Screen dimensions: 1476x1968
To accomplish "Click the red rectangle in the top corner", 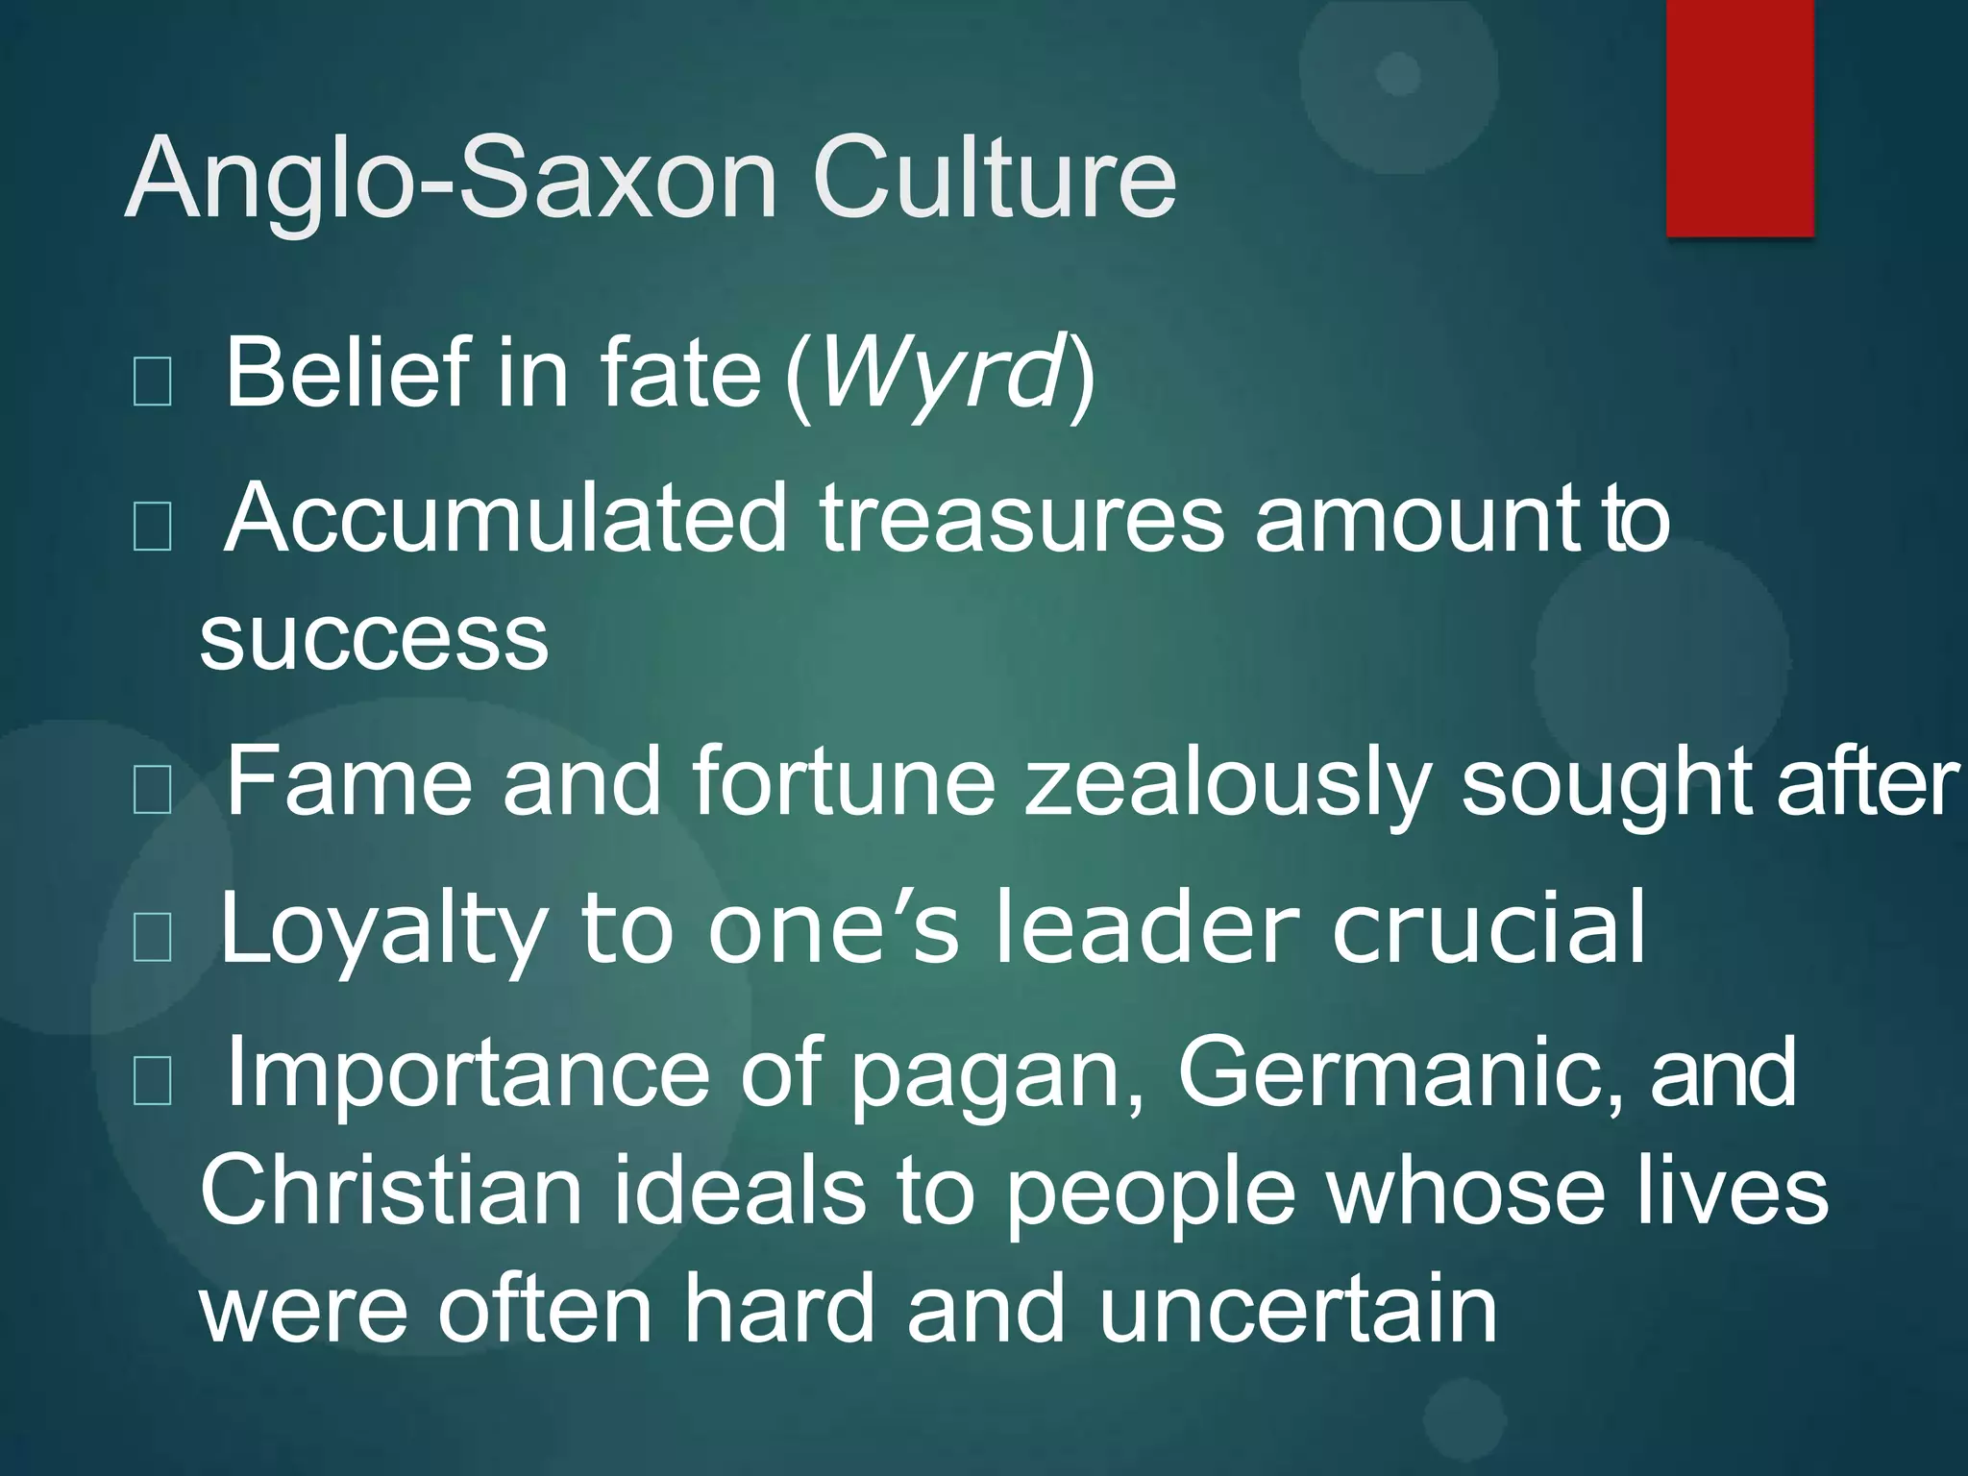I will [x=1739, y=117].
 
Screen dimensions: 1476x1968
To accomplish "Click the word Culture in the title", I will [x=994, y=179].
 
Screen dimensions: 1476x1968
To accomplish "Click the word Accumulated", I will [x=505, y=518].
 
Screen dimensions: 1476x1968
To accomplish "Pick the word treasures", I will [x=1021, y=519].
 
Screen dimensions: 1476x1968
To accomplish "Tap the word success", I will [x=374, y=638].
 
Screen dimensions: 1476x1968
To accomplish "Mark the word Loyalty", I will [x=384, y=928].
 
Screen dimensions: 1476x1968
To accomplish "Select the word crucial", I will [x=1488, y=926].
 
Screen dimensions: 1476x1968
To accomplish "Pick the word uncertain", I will [x=1297, y=1309].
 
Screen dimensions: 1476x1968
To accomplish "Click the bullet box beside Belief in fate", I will [x=153, y=381].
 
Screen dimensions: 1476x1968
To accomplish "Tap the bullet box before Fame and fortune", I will [x=153, y=790].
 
